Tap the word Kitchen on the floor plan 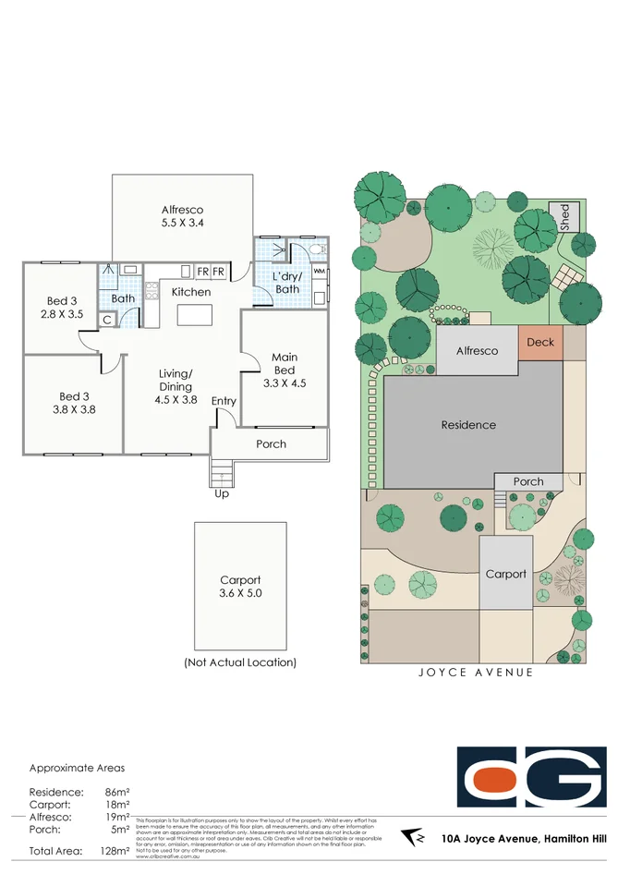[x=190, y=292]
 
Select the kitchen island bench [x=195, y=315]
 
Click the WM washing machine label [x=319, y=272]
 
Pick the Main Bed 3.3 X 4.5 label [x=284, y=370]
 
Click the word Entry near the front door [x=224, y=401]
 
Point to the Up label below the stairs [x=222, y=494]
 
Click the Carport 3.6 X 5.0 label [x=240, y=587]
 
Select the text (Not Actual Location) [x=240, y=662]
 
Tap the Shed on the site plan [x=564, y=218]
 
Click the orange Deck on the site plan [x=540, y=343]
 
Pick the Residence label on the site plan [x=468, y=425]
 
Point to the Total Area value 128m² [x=115, y=851]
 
